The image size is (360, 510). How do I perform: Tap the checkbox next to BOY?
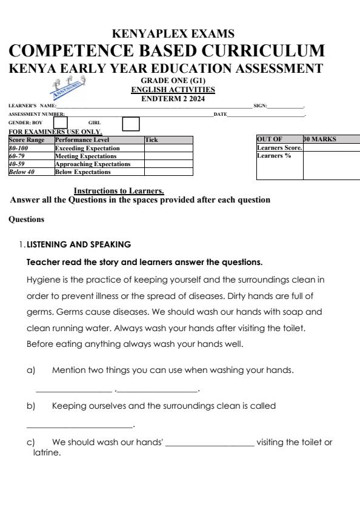(61, 122)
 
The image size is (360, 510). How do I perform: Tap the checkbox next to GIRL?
(130, 123)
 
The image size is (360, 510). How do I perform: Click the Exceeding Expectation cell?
(87, 148)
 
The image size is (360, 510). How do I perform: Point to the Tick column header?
(152, 140)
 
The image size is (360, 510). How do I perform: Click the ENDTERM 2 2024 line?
(173, 99)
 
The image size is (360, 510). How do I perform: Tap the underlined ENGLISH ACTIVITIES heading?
(173, 90)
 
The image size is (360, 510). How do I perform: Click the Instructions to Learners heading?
(119, 191)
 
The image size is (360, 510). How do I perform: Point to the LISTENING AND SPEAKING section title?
(79, 244)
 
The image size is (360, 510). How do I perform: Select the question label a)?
(32, 369)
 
